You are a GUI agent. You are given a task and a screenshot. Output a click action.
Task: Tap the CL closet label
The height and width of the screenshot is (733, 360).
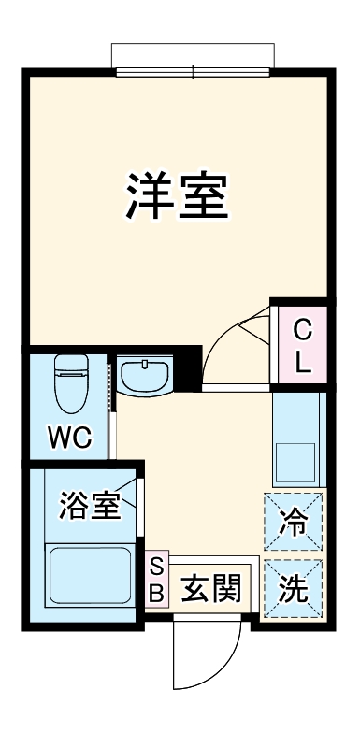[302, 346]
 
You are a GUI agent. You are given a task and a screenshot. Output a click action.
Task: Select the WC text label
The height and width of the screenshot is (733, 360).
[70, 438]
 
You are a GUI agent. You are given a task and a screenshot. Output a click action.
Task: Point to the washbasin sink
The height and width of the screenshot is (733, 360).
[144, 377]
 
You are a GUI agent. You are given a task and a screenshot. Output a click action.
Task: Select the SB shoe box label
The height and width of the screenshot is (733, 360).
[157, 579]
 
